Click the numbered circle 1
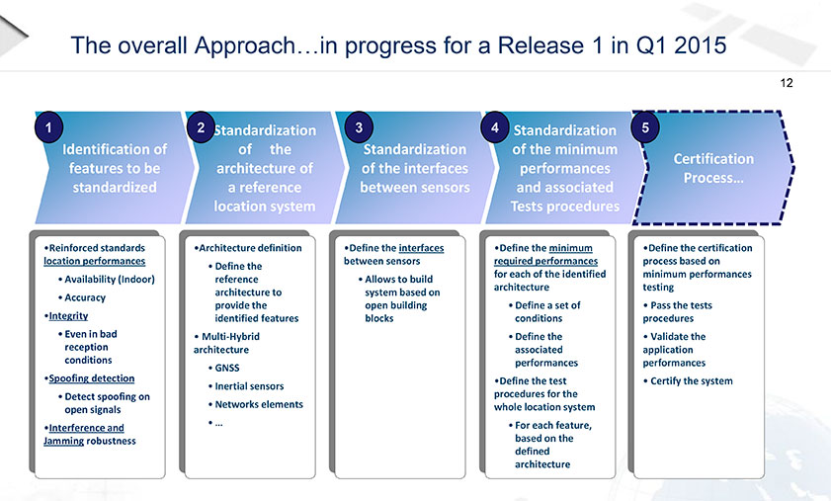point(48,127)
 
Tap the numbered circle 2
point(201,127)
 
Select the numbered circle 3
point(359,127)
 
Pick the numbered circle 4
point(495,127)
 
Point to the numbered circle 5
point(645,127)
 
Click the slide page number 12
point(787,83)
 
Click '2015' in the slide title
point(701,45)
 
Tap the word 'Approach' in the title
point(244,46)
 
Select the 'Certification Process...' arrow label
point(713,168)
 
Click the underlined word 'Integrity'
point(68,316)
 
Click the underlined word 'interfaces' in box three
point(421,248)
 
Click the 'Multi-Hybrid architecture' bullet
point(227,343)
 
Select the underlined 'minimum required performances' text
point(545,255)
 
